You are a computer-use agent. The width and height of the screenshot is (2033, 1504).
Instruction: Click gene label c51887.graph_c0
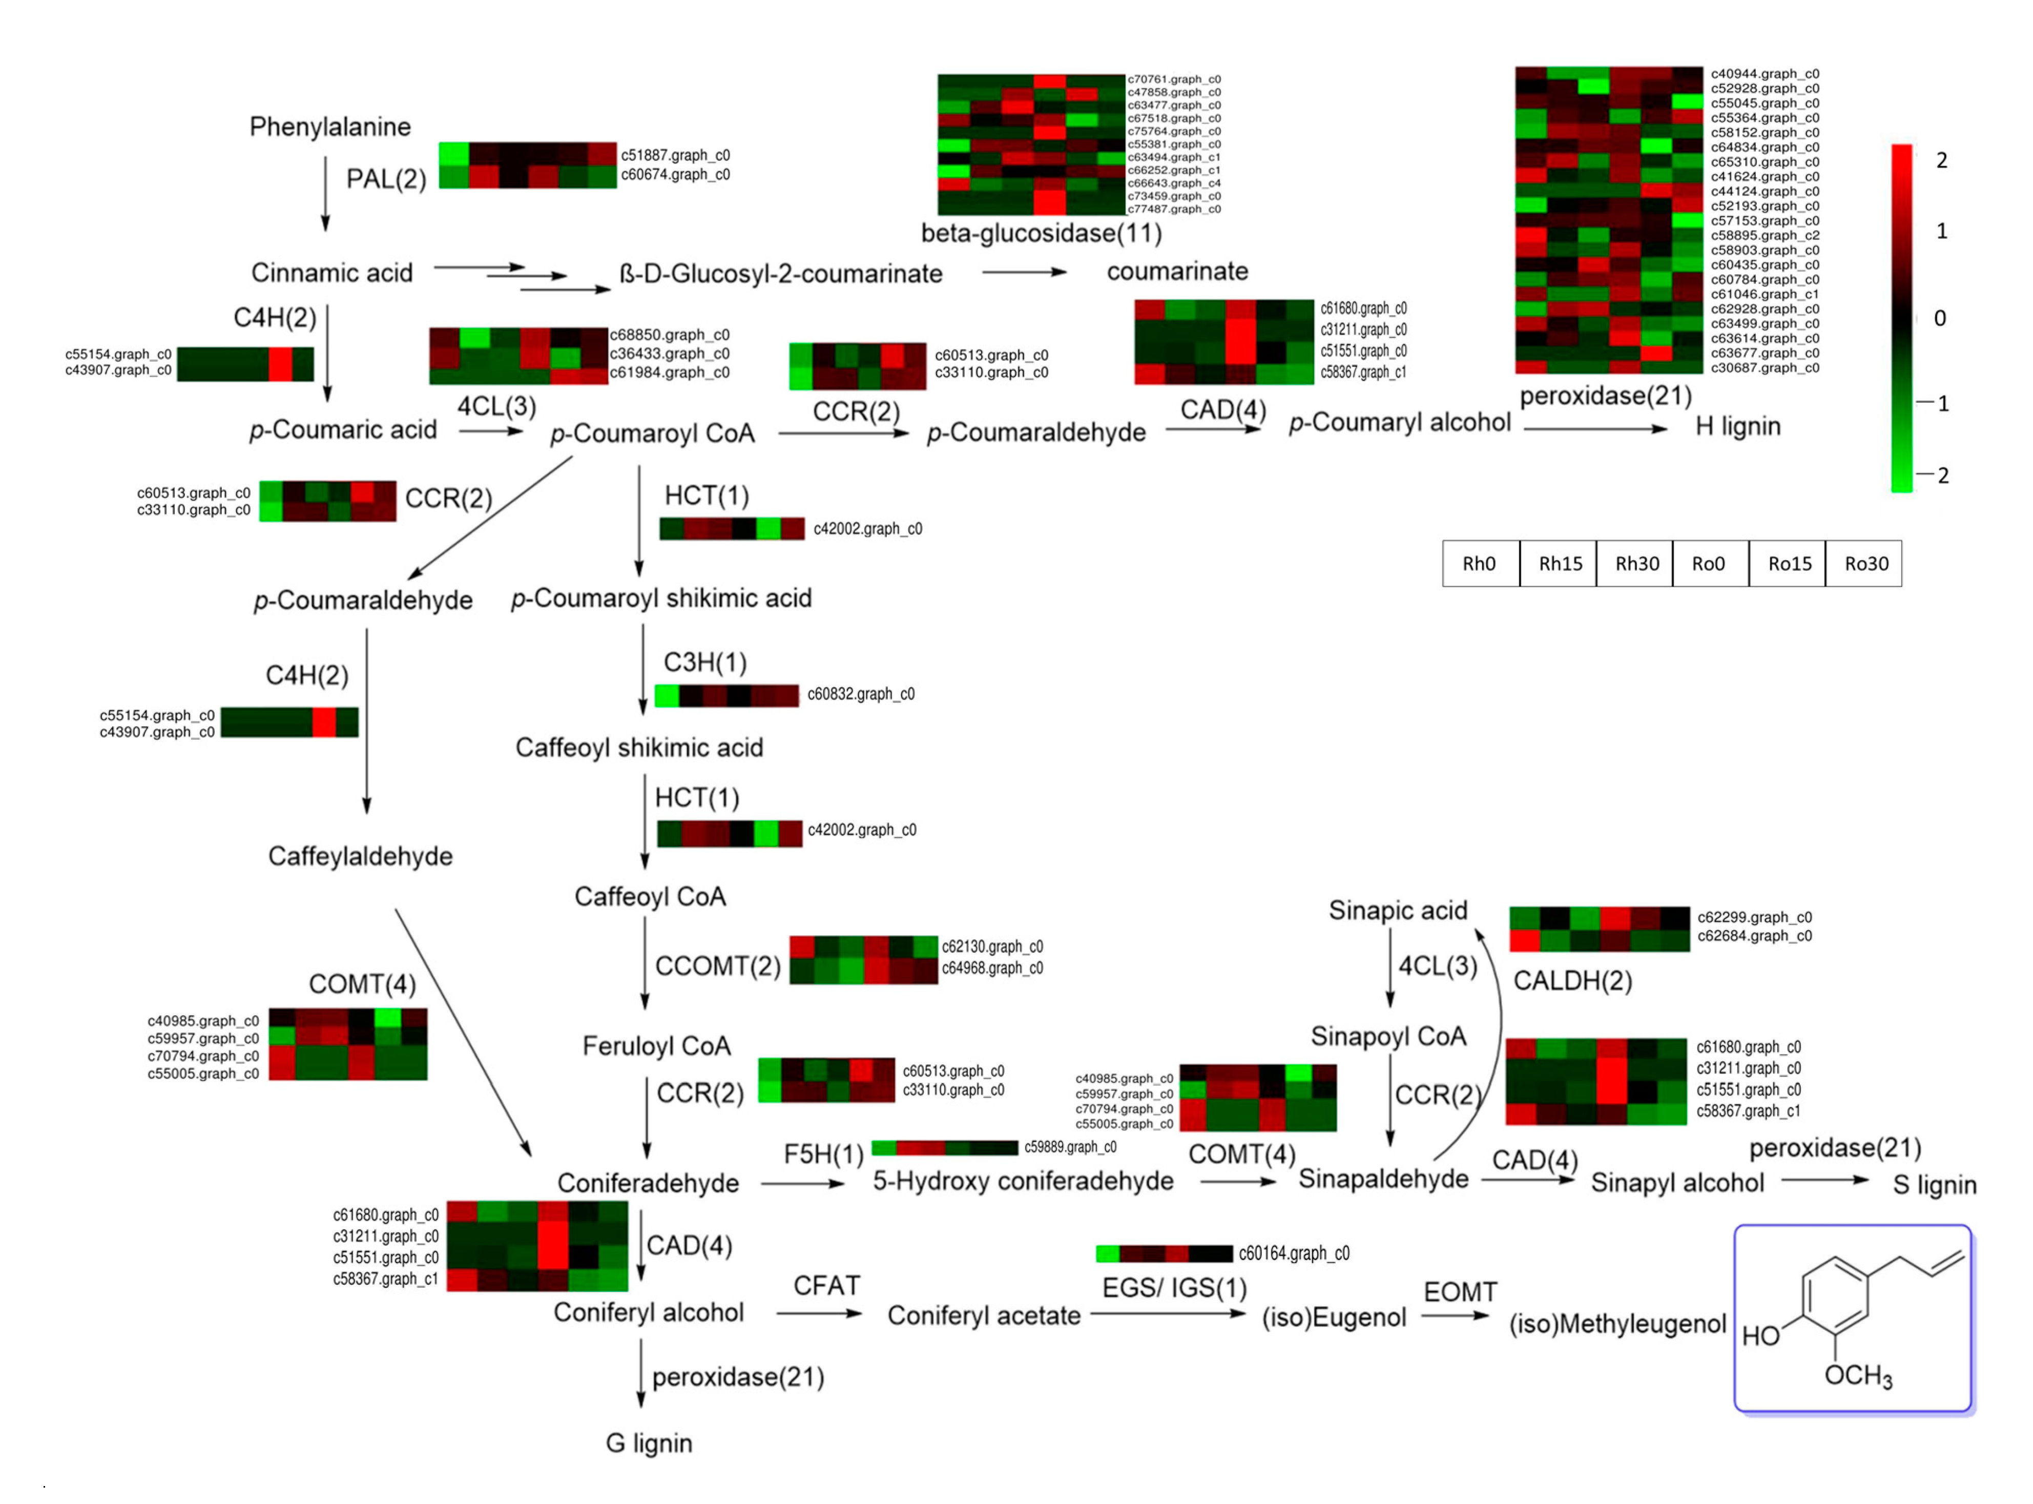tap(675, 156)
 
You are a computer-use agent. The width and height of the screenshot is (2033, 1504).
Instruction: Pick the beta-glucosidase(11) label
tap(1041, 234)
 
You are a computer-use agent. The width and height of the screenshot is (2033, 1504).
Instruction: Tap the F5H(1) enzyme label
tap(823, 1155)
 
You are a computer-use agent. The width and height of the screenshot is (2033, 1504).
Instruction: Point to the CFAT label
tap(826, 1286)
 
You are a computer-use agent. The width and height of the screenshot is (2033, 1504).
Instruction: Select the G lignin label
tap(649, 1443)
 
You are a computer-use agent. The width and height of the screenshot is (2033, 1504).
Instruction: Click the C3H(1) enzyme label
tap(704, 662)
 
